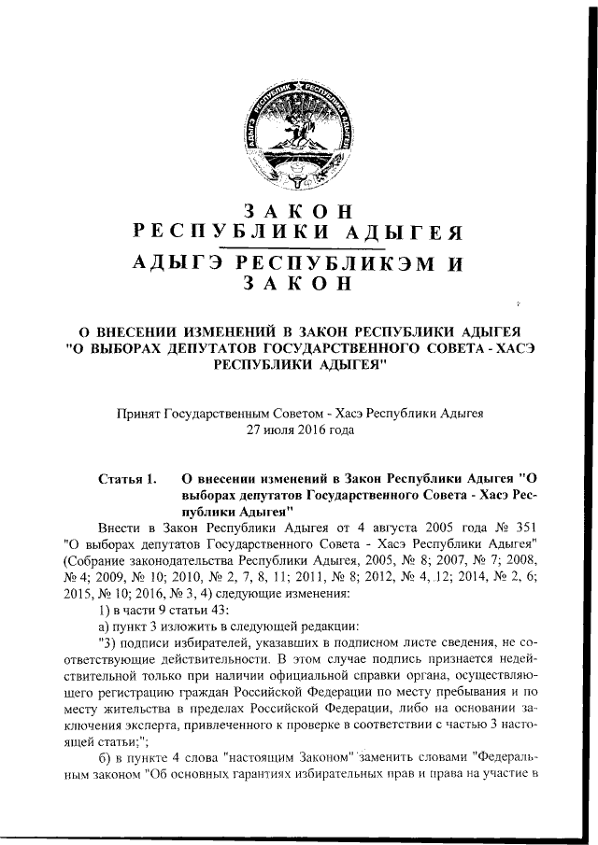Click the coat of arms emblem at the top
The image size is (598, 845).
click(301, 134)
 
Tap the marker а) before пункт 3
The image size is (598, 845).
click(106, 629)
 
